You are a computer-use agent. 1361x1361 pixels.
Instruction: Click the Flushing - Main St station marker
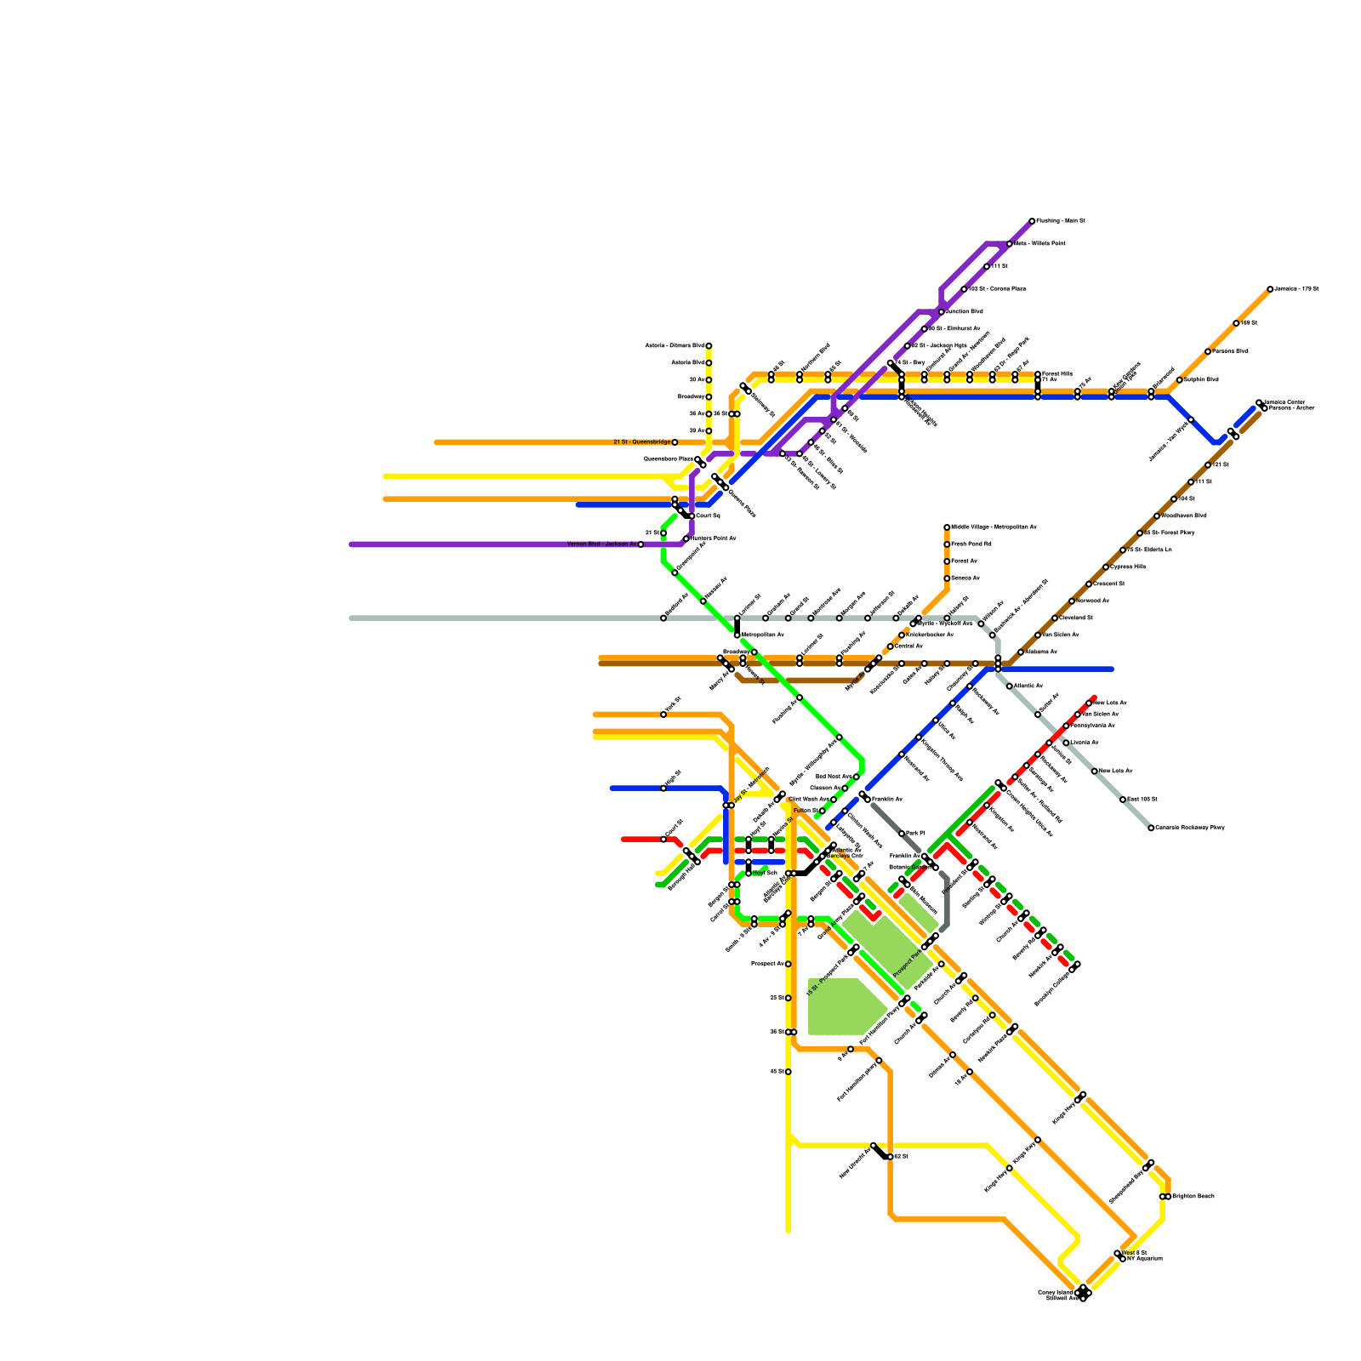(x=1032, y=221)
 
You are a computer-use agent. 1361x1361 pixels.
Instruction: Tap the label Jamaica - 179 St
(x=1297, y=289)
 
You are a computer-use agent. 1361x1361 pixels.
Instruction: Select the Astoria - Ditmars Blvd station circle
(x=709, y=345)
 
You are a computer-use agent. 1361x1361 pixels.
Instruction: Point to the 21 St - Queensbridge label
(x=641, y=442)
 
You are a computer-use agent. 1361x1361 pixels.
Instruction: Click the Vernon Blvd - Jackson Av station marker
(x=641, y=544)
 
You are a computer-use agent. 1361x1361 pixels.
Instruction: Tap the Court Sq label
(x=708, y=515)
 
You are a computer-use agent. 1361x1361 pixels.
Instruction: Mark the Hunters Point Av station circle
(x=686, y=538)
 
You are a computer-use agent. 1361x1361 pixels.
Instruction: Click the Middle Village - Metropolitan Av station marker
(x=947, y=527)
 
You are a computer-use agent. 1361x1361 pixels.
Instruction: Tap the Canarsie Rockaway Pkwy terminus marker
(x=1151, y=828)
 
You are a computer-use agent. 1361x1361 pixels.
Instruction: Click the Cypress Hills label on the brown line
(x=1129, y=567)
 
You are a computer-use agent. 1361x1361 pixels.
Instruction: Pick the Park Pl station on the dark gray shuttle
(x=902, y=834)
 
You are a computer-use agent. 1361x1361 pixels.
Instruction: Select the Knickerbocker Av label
(x=930, y=635)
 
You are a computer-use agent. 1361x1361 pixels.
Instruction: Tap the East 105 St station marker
(x=1123, y=800)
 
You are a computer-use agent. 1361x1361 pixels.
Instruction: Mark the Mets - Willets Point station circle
(x=1010, y=244)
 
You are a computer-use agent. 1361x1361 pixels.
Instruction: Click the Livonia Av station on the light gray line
(x=1066, y=743)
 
